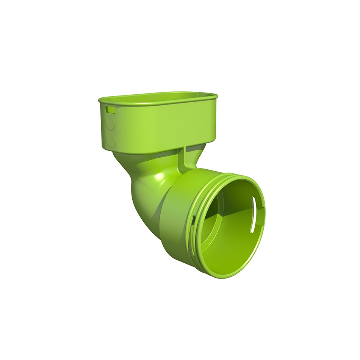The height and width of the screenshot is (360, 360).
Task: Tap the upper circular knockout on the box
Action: pyautogui.click(x=110, y=122)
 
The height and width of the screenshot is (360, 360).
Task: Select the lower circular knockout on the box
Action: pyautogui.click(x=111, y=140)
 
